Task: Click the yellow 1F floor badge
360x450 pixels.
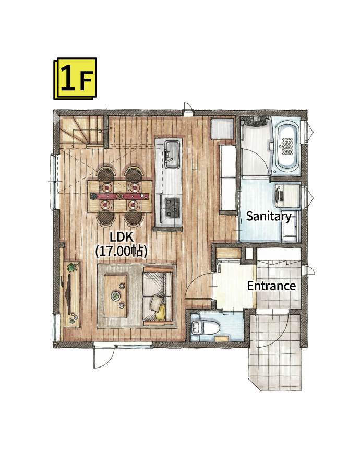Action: [x=75, y=79]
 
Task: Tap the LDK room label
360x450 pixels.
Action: [x=122, y=238]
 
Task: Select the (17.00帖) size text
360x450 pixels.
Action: [x=122, y=251]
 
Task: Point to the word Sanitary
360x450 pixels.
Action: [x=269, y=217]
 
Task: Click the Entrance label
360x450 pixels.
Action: [x=271, y=286]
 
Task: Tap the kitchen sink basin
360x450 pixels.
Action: [x=172, y=155]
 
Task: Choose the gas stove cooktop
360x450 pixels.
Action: [x=172, y=207]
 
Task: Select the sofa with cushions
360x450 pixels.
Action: [x=159, y=297]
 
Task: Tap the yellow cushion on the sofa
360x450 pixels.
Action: [x=161, y=313]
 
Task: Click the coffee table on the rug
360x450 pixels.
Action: [x=115, y=296]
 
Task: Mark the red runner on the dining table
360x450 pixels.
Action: [x=120, y=196]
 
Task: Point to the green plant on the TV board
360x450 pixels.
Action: [x=72, y=267]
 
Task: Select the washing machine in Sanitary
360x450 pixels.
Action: [x=287, y=196]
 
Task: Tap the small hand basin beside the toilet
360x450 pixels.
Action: [x=197, y=327]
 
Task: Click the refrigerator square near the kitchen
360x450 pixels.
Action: [x=223, y=128]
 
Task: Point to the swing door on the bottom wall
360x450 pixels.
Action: [x=104, y=356]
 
